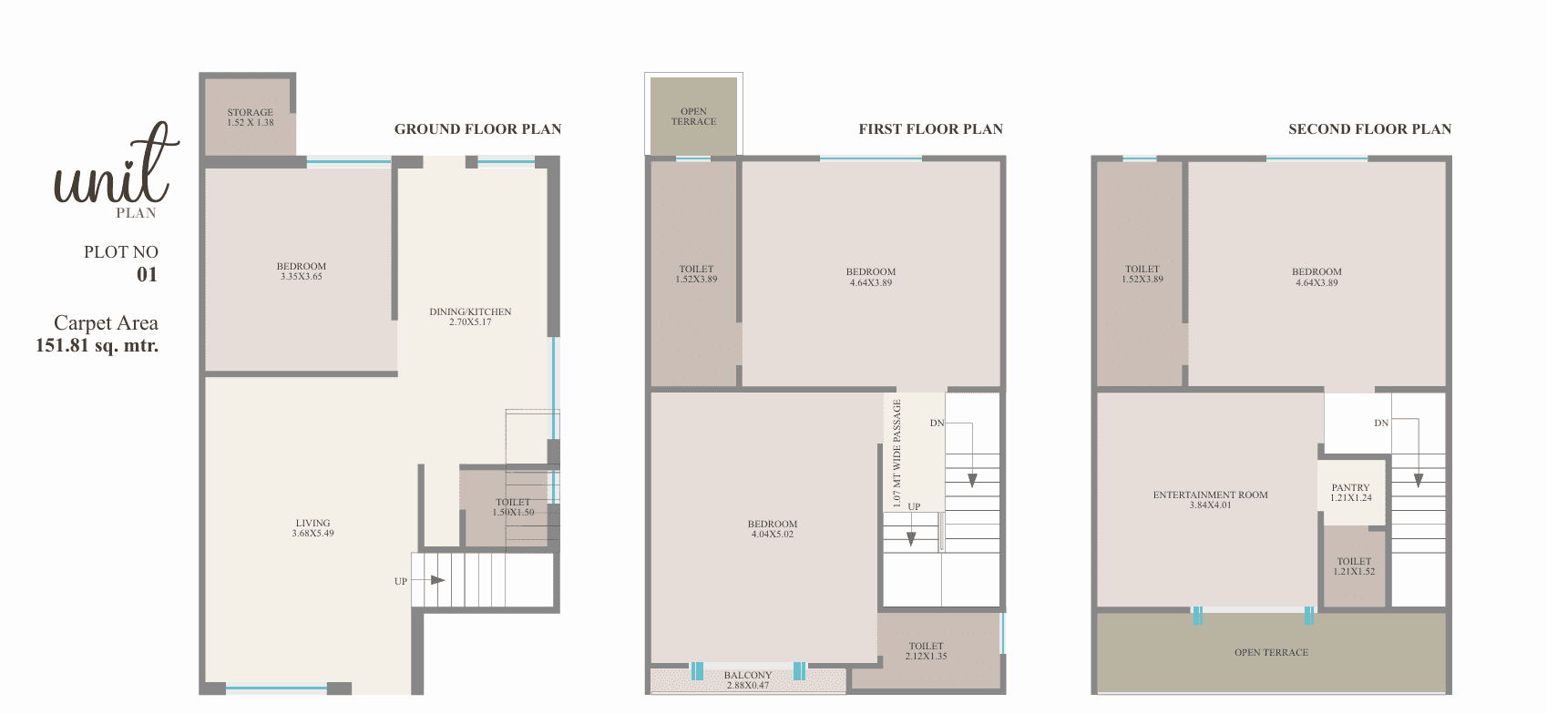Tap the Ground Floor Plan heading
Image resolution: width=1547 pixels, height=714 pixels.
pos(478,129)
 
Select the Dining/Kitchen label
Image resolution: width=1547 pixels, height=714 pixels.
pos(470,311)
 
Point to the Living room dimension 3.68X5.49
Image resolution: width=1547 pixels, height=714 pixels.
pos(312,534)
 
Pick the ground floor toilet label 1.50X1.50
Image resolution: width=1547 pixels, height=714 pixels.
pos(513,513)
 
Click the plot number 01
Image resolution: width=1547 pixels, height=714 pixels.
pos(147,275)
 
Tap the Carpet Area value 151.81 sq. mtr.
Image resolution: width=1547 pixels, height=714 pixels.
pos(97,345)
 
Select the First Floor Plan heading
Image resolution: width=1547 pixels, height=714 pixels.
pos(931,129)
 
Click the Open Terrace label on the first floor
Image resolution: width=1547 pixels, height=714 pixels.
pos(693,116)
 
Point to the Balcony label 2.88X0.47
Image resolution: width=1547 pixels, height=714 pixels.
pos(748,680)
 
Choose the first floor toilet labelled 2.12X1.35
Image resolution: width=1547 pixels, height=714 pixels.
pos(927,651)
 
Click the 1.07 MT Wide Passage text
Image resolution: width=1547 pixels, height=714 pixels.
pos(897,453)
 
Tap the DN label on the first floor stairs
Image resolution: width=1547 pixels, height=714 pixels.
pos(937,423)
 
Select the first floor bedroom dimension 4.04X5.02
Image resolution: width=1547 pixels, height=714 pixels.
pos(772,535)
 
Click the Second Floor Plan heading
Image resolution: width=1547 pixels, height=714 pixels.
pos(1370,129)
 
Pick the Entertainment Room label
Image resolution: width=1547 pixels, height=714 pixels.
pos(1211,495)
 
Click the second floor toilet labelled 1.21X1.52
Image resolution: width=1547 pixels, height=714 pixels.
pos(1355,566)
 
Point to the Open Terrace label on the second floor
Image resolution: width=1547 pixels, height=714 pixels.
pos(1272,653)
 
